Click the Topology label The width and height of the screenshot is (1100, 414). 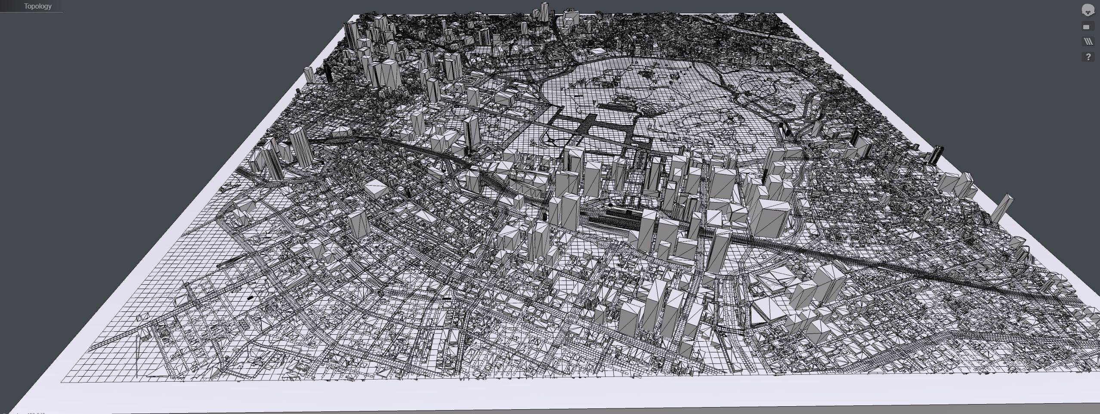point(37,6)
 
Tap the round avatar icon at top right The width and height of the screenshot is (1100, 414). point(1088,10)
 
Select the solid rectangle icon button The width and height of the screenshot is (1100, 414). point(1086,27)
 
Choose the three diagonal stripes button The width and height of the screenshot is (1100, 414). point(1088,42)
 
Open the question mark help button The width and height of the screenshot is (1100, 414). point(1088,57)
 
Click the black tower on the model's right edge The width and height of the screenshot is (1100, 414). point(936,155)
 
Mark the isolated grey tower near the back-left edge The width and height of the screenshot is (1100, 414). point(309,75)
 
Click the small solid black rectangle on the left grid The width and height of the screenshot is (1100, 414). point(250,298)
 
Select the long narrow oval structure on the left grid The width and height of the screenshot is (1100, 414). point(232,260)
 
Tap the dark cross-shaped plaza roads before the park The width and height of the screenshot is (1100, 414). point(590,125)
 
